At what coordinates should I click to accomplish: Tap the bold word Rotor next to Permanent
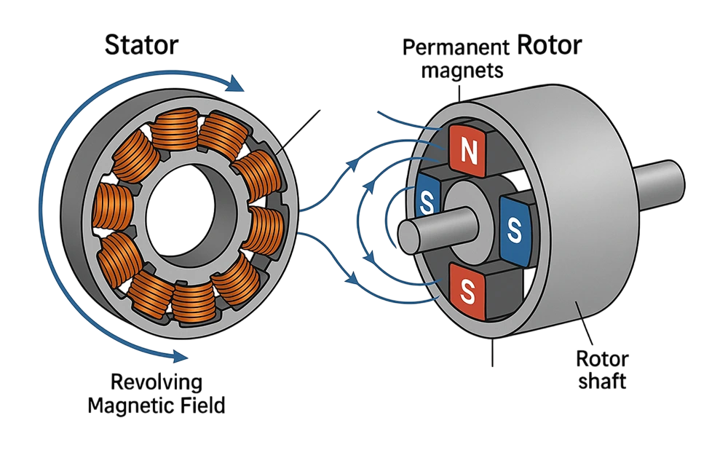(x=549, y=45)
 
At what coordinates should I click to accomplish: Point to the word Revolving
(x=157, y=381)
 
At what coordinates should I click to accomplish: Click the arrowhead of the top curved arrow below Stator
(x=234, y=84)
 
